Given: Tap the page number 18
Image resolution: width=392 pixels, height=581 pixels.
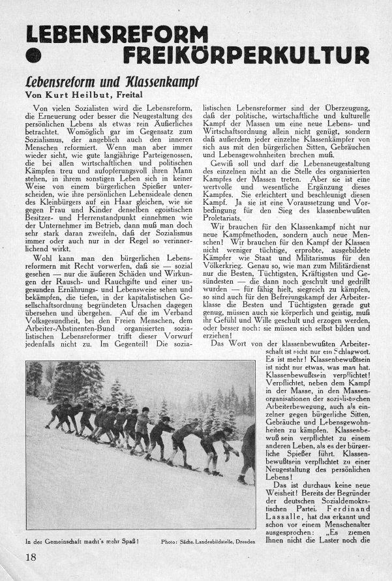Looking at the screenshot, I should (x=31, y=557).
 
